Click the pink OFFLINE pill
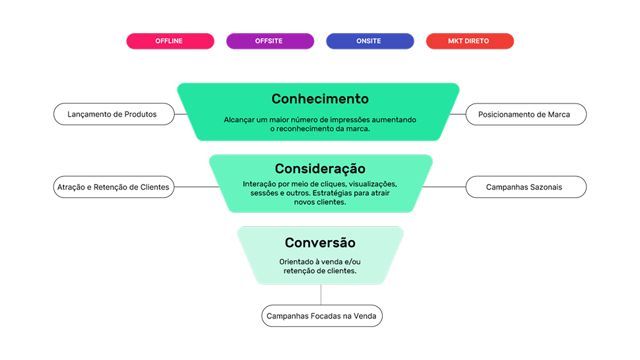click(x=170, y=41)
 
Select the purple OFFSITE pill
click(x=269, y=41)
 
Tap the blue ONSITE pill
click(x=369, y=41)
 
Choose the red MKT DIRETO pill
click(x=469, y=41)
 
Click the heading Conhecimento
click(x=320, y=99)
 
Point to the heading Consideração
click(x=320, y=168)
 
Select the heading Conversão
click(x=320, y=243)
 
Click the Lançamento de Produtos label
click(x=113, y=114)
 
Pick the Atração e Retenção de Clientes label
click(x=113, y=187)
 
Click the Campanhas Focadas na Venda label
click(x=321, y=316)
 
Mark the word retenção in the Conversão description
click(x=300, y=270)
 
